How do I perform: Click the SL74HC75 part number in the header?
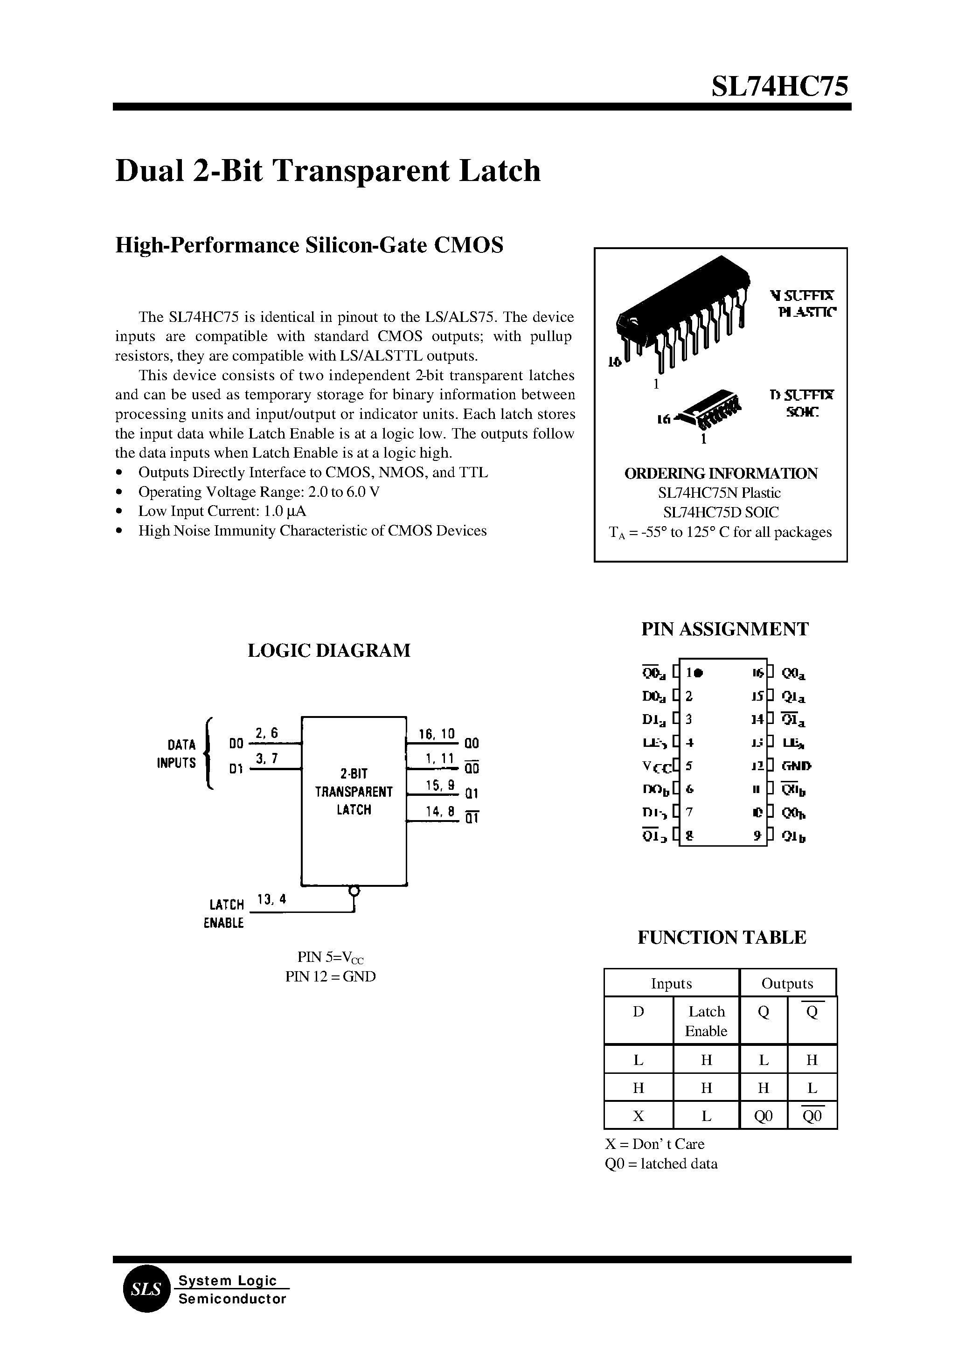tap(780, 87)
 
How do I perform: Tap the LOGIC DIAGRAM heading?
tap(329, 650)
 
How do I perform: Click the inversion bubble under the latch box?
tap(354, 891)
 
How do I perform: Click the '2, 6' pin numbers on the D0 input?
tap(266, 733)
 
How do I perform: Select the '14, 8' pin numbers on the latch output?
tap(440, 811)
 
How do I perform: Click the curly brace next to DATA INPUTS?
tap(208, 754)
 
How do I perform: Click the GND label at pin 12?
tap(796, 766)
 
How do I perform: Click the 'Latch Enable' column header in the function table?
tap(706, 1021)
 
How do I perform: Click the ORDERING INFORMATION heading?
tap(720, 473)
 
